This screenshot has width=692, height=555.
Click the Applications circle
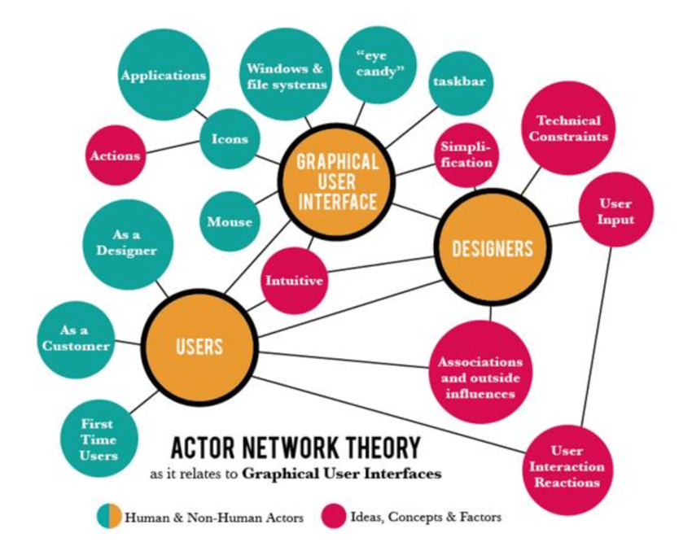pos(164,75)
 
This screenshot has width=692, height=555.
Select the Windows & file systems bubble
pos(287,75)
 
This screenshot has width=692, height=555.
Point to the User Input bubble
pos(615,211)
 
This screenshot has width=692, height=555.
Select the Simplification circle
pos(466,155)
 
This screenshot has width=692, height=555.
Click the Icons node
pos(230,139)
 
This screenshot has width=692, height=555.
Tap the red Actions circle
pos(116,155)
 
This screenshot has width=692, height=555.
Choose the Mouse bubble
pos(230,221)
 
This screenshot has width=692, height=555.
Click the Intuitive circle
pos(293,282)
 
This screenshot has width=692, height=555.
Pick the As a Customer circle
pos(74,339)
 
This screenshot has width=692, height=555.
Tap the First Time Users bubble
pos(98,439)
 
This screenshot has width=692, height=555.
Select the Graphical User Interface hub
pos(337,181)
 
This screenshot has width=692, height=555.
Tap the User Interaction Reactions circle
pos(567,467)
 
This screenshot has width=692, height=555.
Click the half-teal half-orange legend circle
pos(112,516)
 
